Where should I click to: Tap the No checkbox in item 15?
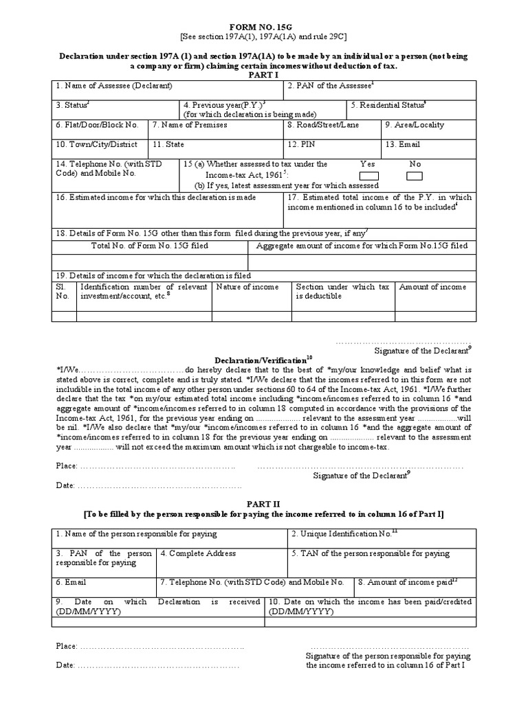point(415,176)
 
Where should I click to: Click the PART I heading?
point(263,76)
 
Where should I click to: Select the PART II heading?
point(263,503)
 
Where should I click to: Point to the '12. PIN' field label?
point(302,145)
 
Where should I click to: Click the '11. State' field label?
point(169,145)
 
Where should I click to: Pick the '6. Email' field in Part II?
point(71,582)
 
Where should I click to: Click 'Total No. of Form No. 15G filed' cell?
point(149,246)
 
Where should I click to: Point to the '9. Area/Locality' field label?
point(415,125)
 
